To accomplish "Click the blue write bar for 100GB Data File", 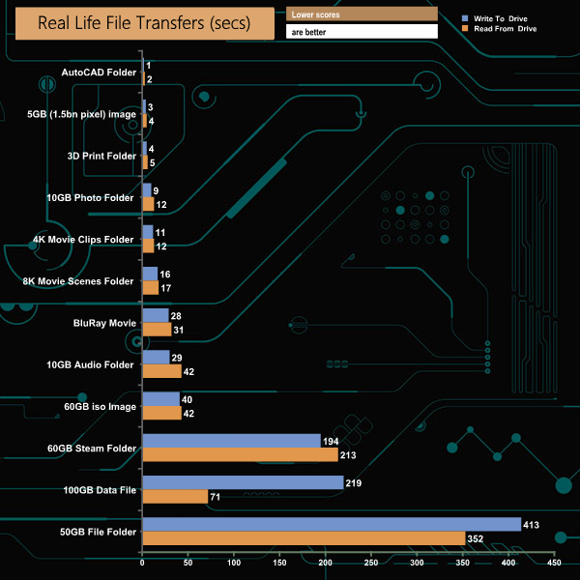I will [x=242, y=482].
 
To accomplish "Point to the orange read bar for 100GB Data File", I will [x=174, y=496].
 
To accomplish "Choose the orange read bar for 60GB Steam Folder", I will [x=240, y=454].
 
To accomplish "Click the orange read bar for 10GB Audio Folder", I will [x=161, y=371].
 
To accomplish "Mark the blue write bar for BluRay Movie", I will [x=155, y=316].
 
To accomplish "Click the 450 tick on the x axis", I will [x=554, y=562].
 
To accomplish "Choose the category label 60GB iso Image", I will [x=98, y=406].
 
